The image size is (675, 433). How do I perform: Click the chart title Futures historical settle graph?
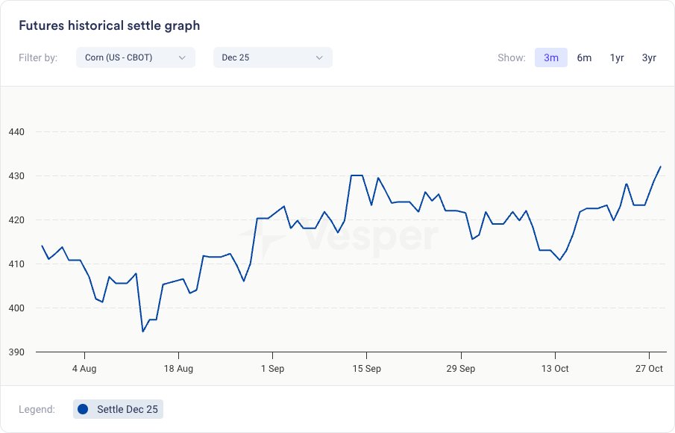tap(109, 25)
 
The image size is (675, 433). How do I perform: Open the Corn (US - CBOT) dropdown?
tap(135, 57)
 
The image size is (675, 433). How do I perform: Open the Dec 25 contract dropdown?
tap(272, 57)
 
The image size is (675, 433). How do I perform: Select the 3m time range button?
tap(551, 57)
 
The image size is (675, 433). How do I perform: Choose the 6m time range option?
tap(584, 57)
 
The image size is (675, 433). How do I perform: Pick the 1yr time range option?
tap(617, 57)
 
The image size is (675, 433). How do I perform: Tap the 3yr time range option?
tap(649, 57)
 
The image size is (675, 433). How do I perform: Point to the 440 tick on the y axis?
tap(16, 132)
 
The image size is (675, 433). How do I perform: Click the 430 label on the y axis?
tap(16, 176)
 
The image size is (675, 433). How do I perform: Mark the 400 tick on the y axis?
tap(16, 308)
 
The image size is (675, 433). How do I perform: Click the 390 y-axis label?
tap(16, 352)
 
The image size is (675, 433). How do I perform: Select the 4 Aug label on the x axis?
tap(84, 369)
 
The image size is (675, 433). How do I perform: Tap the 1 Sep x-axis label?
tap(272, 369)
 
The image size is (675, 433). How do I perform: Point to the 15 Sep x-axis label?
tap(366, 369)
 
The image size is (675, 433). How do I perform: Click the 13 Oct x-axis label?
tap(555, 369)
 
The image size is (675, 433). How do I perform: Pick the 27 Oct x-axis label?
tap(649, 369)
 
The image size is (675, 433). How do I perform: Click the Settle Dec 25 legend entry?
tap(119, 409)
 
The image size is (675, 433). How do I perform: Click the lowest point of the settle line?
tap(142, 331)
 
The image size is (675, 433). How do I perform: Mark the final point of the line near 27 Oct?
tap(661, 166)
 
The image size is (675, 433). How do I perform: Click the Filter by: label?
tap(38, 57)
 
